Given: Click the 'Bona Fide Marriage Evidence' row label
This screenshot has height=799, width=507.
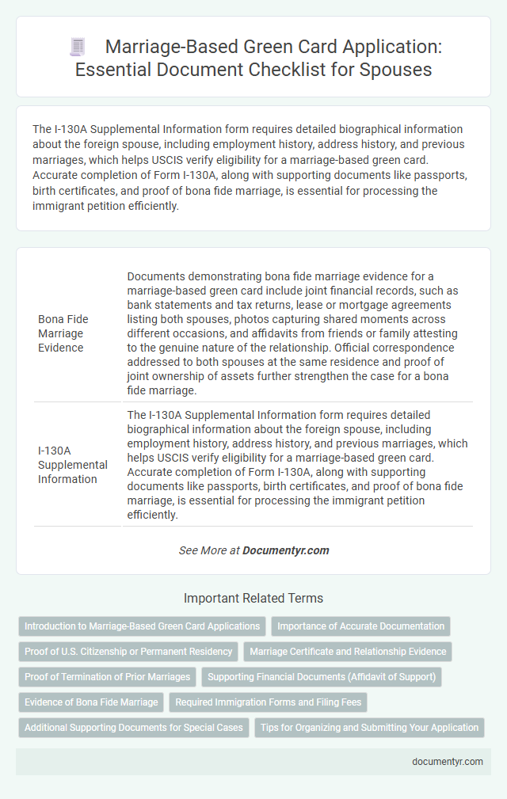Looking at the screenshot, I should [63, 333].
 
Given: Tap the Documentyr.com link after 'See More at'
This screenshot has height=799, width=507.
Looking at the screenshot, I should [286, 550].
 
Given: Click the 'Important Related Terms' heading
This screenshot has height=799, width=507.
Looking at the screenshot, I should [253, 598].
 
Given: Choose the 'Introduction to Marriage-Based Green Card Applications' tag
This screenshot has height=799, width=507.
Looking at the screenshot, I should [143, 626].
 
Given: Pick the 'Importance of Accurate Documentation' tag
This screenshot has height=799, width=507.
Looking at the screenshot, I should [360, 626].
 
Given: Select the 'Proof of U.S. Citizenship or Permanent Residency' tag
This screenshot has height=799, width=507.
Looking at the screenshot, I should [128, 652].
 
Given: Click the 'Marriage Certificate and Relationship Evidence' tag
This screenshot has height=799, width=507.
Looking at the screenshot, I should [348, 652].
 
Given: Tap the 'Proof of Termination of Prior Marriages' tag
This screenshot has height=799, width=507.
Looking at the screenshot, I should [106, 677].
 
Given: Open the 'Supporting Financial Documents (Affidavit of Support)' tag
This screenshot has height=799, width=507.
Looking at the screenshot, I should [322, 677].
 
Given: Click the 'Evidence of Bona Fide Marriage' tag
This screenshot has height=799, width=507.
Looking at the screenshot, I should [90, 702].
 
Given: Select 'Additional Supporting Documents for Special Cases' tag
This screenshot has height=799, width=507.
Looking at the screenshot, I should [134, 728].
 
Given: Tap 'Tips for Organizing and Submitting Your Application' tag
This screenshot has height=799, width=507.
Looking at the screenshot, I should [369, 728].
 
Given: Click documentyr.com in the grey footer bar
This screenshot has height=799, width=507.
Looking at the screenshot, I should [447, 762].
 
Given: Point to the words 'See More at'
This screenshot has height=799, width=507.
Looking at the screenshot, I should [209, 550].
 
